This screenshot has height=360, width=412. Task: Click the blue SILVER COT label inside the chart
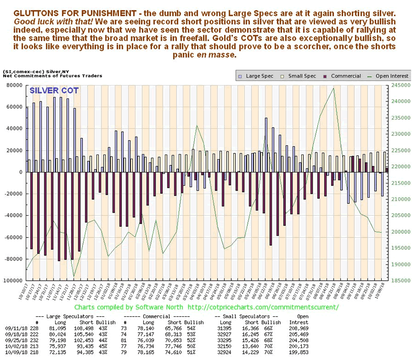(54, 91)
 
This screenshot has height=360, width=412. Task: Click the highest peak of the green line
(334, 88)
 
